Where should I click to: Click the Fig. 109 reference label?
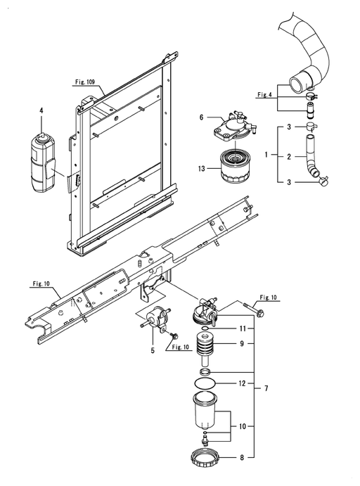pyautogui.click(x=85, y=82)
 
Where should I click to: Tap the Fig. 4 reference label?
pyautogui.click(x=264, y=94)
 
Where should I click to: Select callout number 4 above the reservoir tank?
pyautogui.click(x=41, y=110)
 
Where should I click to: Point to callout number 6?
pyautogui.click(x=201, y=117)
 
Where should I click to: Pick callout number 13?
pyautogui.click(x=202, y=169)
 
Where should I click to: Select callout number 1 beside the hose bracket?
pyautogui.click(x=266, y=154)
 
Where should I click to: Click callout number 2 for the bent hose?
pyautogui.click(x=289, y=157)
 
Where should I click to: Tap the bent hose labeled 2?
pyautogui.click(x=311, y=156)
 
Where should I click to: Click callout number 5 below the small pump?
pyautogui.click(x=153, y=350)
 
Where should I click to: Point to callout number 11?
pyautogui.click(x=242, y=328)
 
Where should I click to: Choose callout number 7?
pyautogui.click(x=266, y=388)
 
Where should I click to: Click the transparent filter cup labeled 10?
pyautogui.click(x=205, y=409)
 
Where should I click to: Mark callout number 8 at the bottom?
pyautogui.click(x=242, y=457)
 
